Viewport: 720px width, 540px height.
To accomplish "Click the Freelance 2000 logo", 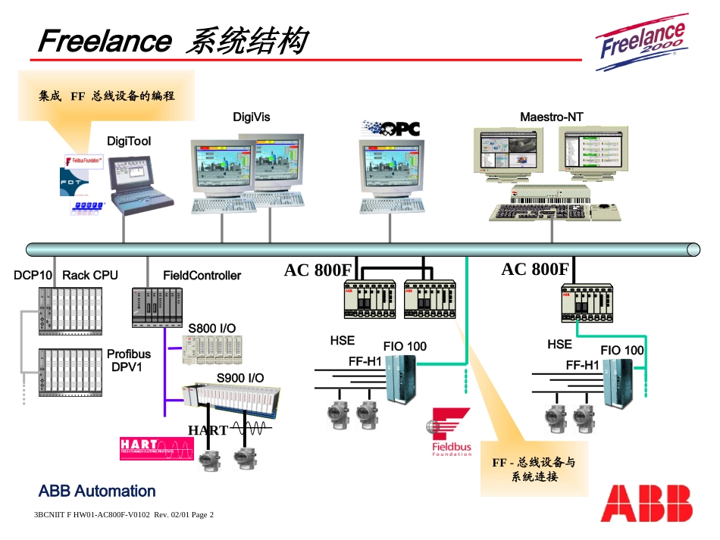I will [x=643, y=42].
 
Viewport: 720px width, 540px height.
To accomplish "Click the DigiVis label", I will [x=251, y=117].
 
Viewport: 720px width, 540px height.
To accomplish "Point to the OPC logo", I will [x=391, y=129].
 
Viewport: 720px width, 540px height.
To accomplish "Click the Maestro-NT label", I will [x=551, y=117].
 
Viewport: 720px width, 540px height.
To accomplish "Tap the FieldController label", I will [x=202, y=276].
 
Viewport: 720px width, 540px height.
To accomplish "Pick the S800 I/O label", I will [x=211, y=328].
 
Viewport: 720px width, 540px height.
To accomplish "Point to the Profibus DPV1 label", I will [x=128, y=361].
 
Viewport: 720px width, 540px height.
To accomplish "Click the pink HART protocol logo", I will [x=156, y=448].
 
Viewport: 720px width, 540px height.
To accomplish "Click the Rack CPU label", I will [x=89, y=276].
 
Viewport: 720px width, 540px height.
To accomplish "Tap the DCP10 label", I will [x=33, y=276].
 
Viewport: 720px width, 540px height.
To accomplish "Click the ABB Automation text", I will [x=97, y=491].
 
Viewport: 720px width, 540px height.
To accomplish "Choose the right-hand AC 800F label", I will [x=534, y=270].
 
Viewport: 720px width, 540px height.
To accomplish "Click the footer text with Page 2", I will [x=124, y=515].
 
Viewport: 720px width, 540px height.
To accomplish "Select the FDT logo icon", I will [x=74, y=182].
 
